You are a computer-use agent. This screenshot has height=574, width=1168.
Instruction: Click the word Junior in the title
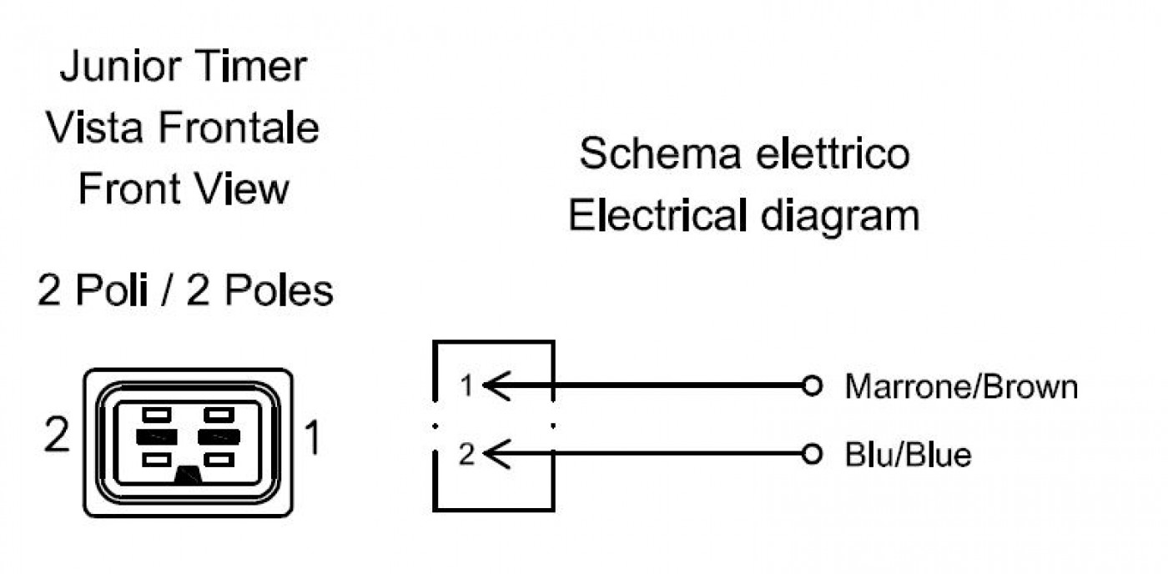[x=120, y=66]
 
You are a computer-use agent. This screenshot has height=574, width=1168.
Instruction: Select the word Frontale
[x=238, y=127]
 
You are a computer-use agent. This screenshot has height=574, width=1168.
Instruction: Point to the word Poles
[x=279, y=290]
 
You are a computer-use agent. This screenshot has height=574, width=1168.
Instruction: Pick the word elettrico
[x=833, y=154]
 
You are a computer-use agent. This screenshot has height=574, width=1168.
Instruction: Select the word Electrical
[x=657, y=214]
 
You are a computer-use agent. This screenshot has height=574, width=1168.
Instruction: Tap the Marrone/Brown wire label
[x=961, y=387]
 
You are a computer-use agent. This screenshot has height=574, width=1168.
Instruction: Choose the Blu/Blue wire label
[x=908, y=455]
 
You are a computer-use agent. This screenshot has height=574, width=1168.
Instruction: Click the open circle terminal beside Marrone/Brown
[x=812, y=385]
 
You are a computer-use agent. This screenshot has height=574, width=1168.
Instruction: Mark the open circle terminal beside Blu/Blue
[x=812, y=454]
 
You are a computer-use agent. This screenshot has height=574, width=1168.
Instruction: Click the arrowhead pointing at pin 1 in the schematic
[x=496, y=385]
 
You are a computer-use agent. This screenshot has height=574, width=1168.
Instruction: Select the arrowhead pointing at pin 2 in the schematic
[x=496, y=454]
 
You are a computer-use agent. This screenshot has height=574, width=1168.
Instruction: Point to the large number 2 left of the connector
[x=57, y=435]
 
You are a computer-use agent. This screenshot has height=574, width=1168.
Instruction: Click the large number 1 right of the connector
[x=313, y=437]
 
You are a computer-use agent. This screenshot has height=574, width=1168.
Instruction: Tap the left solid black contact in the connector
[x=157, y=437]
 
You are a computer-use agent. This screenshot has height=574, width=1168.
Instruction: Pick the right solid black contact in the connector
[x=219, y=437]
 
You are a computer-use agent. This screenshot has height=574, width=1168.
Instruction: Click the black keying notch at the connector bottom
[x=189, y=475]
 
